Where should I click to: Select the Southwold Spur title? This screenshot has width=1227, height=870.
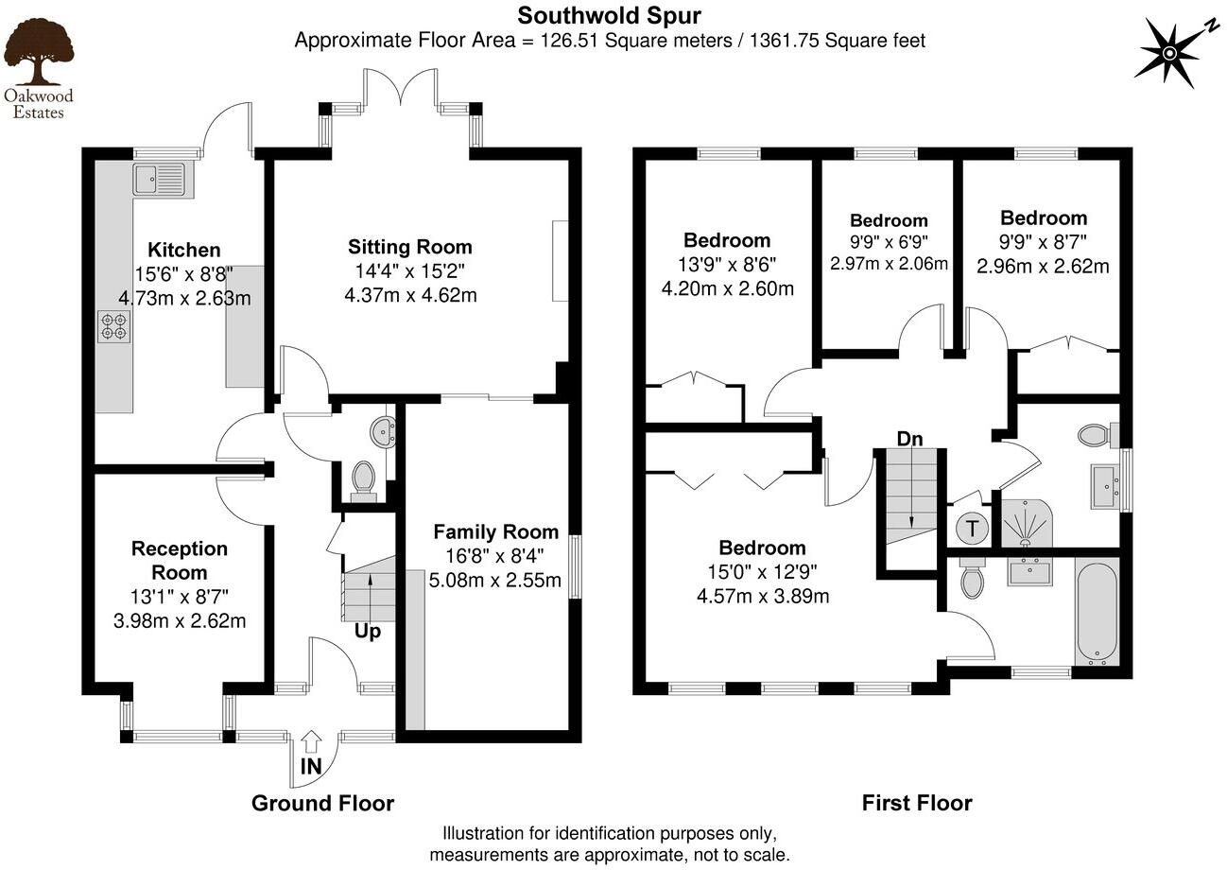[609, 15]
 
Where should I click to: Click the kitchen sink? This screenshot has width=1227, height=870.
[160, 179]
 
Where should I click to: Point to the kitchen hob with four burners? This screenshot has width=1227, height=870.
[113, 326]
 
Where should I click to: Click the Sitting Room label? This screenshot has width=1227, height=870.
[409, 247]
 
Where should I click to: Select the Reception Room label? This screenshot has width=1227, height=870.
[179, 560]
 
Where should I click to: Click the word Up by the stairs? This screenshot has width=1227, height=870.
[368, 631]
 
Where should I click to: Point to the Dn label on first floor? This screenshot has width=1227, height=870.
[909, 439]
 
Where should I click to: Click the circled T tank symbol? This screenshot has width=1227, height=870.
[971, 528]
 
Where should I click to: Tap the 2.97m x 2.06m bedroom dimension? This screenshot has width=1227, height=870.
[889, 264]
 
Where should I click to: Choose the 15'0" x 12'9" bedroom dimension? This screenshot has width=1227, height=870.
[762, 571]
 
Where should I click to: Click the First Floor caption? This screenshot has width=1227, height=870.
[916, 803]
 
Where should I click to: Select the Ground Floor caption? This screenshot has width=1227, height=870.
[322, 803]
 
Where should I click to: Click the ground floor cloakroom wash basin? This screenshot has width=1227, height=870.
[385, 431]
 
